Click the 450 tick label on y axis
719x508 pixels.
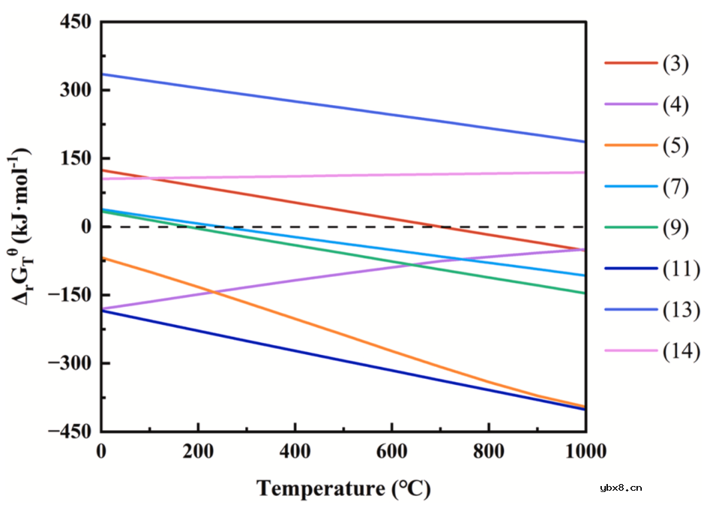[74, 22]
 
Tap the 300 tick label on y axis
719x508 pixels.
[74, 91]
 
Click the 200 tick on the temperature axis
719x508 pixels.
[198, 451]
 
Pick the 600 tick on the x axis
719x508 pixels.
[391, 451]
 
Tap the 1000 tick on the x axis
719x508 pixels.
[584, 451]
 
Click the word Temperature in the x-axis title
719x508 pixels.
[320, 489]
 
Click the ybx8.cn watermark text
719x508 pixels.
[620, 488]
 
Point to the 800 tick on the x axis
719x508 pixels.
[488, 451]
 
